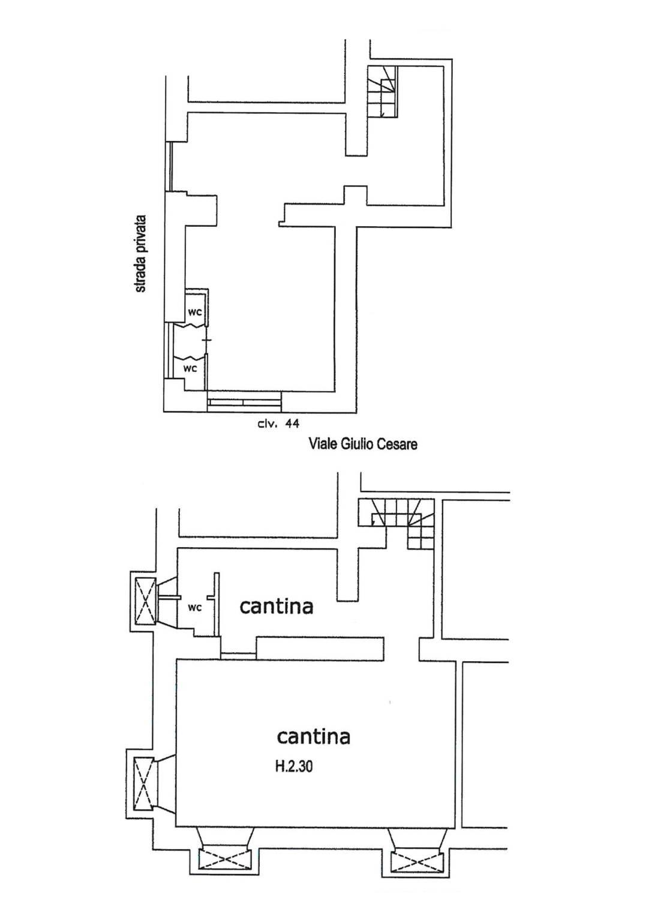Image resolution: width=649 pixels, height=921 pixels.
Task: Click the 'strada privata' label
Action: pos(141,254)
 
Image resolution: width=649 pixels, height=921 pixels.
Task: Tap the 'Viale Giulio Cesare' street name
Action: pos(363,444)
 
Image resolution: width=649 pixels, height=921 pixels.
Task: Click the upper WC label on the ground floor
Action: pos(195,312)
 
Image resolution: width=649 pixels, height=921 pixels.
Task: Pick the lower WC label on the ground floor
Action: pos(190,368)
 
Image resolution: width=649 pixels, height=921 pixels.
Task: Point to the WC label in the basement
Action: pos(195,607)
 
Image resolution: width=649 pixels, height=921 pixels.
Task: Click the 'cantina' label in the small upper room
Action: pos(277,607)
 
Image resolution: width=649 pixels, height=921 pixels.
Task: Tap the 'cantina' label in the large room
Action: pos(314,736)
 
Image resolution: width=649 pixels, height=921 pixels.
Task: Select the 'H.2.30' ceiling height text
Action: pos(294,766)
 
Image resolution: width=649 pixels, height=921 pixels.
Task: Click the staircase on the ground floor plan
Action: pos(381,91)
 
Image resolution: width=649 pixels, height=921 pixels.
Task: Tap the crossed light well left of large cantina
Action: pos(143,784)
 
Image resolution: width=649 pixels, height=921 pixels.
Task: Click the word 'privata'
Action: pos(141,236)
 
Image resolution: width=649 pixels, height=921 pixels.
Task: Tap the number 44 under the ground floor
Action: pos(292,424)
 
